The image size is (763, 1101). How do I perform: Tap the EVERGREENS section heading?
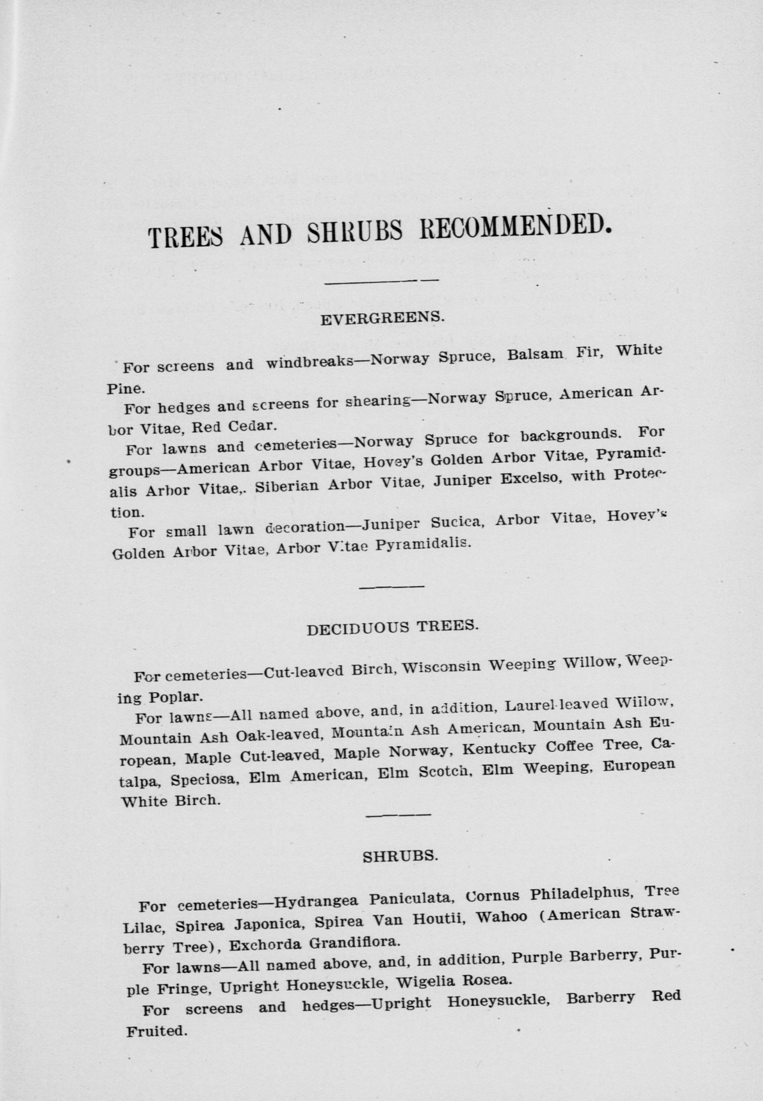pos(382,318)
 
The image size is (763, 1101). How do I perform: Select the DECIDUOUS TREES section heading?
pos(392,628)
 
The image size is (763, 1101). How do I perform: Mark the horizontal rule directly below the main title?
pos(381,280)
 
